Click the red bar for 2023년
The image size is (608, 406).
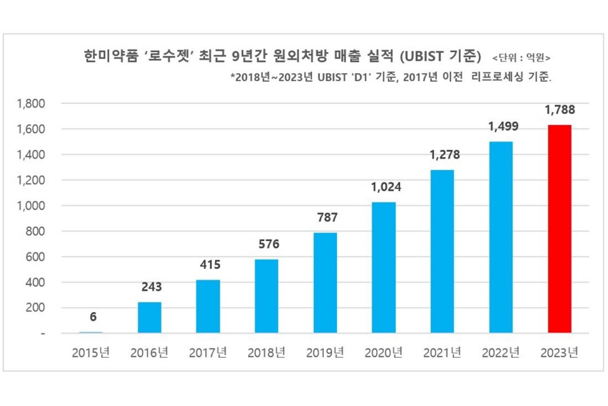tap(560, 229)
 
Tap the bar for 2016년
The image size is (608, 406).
tap(149, 317)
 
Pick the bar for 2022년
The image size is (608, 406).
tap(501, 237)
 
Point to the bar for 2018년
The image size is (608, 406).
tap(267, 296)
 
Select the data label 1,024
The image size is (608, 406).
tap(383, 188)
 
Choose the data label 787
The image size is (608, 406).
tap(325, 218)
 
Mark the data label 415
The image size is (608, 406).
tap(208, 265)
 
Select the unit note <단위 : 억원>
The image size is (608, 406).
tap(521, 56)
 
